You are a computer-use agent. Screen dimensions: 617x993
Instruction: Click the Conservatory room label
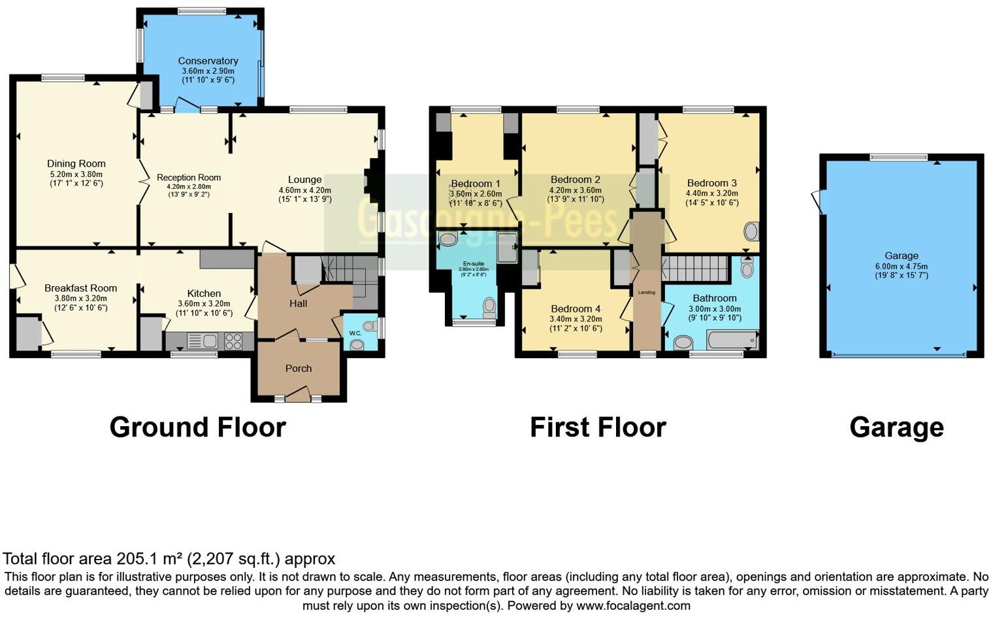click(x=208, y=61)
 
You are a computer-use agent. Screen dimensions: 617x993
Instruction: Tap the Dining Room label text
click(x=76, y=163)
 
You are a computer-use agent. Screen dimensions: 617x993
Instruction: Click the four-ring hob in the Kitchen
click(x=233, y=341)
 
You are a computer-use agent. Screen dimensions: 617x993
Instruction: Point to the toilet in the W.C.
click(x=357, y=344)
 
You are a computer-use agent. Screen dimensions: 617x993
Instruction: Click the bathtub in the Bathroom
click(x=732, y=340)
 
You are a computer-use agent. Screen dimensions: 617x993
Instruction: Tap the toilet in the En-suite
click(x=489, y=307)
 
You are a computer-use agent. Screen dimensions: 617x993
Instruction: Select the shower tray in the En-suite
click(x=507, y=248)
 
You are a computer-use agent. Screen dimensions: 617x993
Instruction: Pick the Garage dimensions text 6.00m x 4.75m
click(x=902, y=266)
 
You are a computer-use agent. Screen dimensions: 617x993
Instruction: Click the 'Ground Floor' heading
click(x=197, y=427)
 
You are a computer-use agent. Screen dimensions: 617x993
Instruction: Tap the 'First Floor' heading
click(x=598, y=427)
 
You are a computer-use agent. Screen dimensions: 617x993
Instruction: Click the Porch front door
click(x=298, y=394)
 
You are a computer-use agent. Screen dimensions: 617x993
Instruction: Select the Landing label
click(x=647, y=292)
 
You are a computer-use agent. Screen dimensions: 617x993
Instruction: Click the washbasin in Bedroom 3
click(x=751, y=231)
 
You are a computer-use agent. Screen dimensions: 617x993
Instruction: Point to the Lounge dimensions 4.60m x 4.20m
click(x=304, y=190)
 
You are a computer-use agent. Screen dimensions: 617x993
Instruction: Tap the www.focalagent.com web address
click(x=633, y=605)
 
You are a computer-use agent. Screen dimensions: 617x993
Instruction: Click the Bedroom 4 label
click(x=576, y=308)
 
